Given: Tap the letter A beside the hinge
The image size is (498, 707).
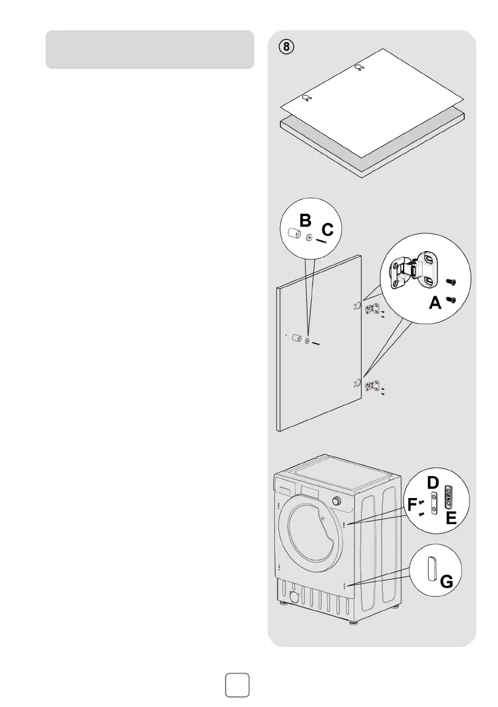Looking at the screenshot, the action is [x=435, y=303].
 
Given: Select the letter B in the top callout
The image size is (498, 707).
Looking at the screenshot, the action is [x=305, y=221].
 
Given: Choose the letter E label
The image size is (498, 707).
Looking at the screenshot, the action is [x=451, y=518].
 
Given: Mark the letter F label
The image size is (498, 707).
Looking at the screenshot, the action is [x=411, y=505].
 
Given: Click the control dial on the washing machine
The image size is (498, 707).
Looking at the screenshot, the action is [x=337, y=501].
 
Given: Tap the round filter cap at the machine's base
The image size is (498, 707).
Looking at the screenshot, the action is [x=294, y=597].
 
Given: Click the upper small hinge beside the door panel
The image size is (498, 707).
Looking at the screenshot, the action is [x=373, y=309].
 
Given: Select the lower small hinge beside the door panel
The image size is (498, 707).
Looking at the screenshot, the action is [x=373, y=386].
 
